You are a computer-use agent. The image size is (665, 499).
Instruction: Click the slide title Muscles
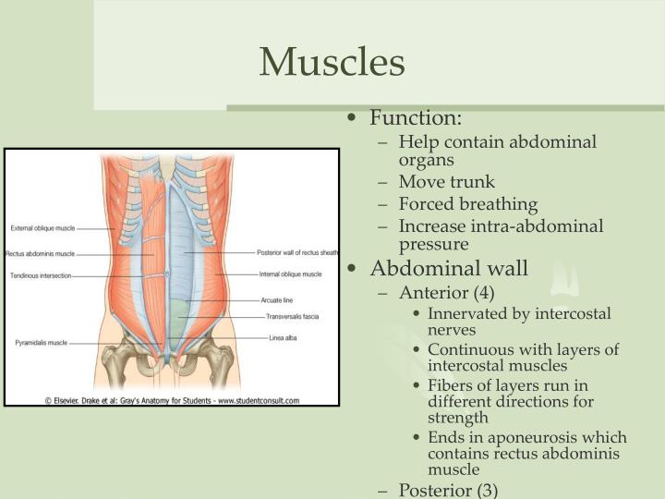[x=332, y=62]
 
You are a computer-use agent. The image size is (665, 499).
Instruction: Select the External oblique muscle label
[x=42, y=227]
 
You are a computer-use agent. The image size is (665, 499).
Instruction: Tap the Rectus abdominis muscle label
[x=41, y=253]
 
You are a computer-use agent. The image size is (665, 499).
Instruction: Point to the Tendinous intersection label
[x=41, y=275]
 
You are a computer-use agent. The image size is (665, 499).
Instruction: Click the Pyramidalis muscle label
[x=41, y=343]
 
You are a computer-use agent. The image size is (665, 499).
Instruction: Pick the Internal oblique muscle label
[x=290, y=274]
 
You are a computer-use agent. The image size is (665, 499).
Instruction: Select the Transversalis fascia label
[x=292, y=317]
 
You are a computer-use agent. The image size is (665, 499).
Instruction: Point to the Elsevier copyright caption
[x=172, y=399]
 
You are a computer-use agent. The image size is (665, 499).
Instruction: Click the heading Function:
[x=416, y=118]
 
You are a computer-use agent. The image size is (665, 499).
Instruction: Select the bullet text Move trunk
[x=446, y=182]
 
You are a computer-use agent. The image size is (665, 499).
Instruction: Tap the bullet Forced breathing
[x=467, y=204]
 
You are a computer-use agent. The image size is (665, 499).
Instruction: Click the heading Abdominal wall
[x=449, y=269]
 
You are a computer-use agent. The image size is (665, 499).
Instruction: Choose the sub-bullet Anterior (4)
[x=446, y=293]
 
